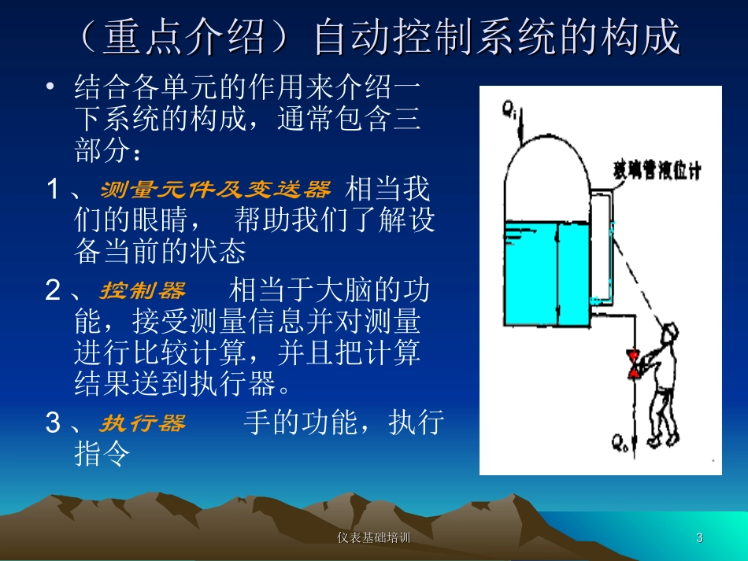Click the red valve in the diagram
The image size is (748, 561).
pyautogui.click(x=633, y=363)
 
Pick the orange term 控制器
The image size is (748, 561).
pyautogui.click(x=142, y=291)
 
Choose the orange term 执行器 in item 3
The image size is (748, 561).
pyautogui.click(x=142, y=423)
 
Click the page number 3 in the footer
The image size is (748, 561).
pyautogui.click(x=699, y=538)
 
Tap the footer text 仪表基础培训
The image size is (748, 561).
pyautogui.click(x=373, y=538)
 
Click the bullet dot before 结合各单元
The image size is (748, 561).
pyautogui.click(x=52, y=87)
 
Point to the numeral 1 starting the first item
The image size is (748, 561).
pyautogui.click(x=53, y=190)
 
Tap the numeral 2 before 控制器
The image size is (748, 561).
pyautogui.click(x=53, y=291)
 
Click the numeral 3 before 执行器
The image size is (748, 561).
pyautogui.click(x=53, y=423)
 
